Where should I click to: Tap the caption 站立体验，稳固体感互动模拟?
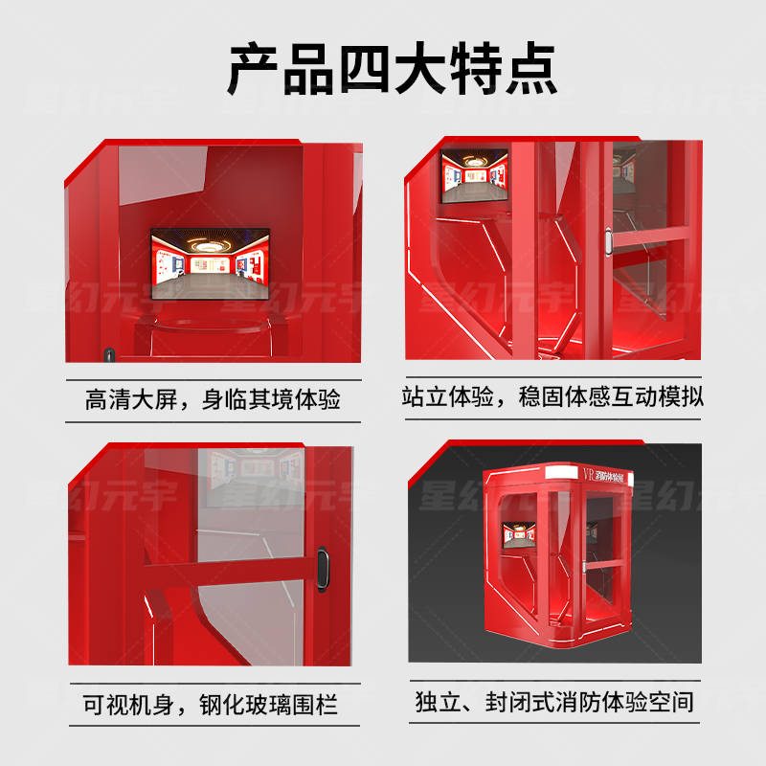(x=552, y=395)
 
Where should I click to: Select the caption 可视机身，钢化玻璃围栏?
(x=212, y=706)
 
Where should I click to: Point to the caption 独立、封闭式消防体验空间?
(x=553, y=703)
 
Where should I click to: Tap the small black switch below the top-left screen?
(x=109, y=354)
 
